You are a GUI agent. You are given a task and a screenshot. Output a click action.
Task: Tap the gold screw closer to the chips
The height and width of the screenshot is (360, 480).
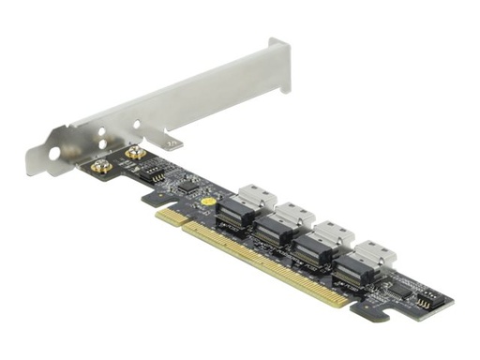point(135,153)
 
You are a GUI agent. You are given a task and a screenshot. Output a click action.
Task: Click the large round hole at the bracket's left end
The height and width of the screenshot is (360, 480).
point(54,153)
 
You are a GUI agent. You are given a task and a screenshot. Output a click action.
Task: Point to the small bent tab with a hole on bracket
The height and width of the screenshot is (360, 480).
point(172,142)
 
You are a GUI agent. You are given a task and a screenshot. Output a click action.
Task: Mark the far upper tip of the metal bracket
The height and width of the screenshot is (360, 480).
point(278,43)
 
